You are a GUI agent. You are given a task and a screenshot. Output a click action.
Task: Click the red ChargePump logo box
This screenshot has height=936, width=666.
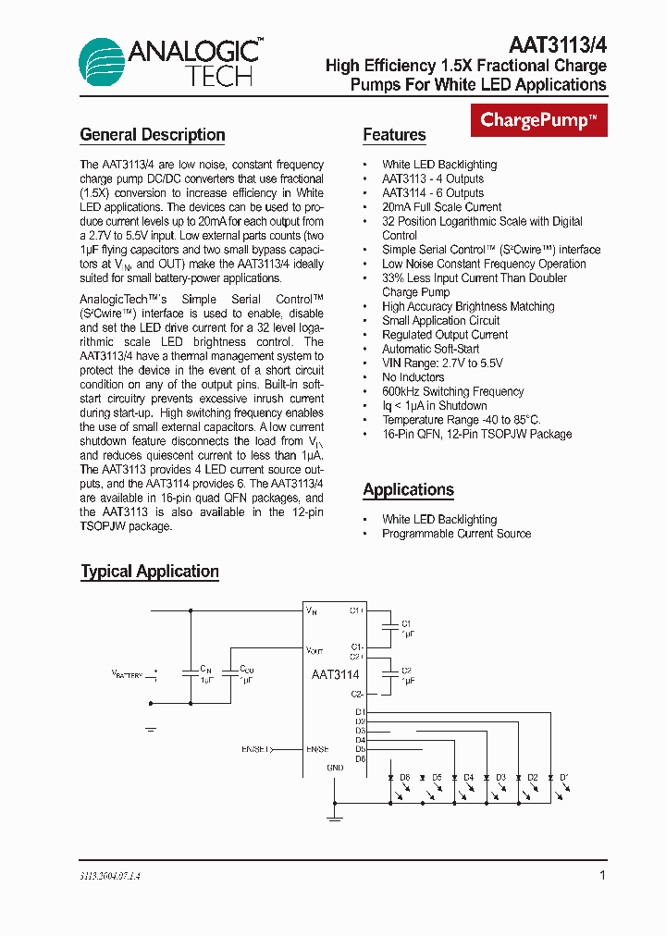coord(540,120)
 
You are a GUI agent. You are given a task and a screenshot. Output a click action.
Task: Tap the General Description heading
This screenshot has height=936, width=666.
coord(153,135)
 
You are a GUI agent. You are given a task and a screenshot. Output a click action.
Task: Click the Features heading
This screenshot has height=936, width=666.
coord(394,135)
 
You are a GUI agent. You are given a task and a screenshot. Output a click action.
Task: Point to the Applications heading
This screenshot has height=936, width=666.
coord(408,490)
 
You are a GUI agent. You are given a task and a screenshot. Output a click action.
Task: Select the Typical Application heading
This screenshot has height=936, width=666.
coord(150,572)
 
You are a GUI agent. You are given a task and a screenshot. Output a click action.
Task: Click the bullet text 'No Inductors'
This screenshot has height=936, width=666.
coord(415,377)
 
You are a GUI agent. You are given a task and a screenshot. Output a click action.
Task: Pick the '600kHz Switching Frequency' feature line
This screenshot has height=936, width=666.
coord(452,391)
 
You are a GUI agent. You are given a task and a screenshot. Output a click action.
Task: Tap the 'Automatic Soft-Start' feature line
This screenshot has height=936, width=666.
coord(430,349)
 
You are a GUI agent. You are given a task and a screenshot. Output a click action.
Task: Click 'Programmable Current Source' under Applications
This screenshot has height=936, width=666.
coord(456,534)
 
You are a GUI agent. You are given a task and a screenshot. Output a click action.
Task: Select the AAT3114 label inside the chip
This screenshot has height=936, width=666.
coord(335,674)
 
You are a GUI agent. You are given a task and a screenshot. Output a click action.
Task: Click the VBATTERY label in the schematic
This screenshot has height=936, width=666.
coord(128,675)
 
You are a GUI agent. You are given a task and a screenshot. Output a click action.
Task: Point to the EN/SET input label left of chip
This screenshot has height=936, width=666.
coord(254,749)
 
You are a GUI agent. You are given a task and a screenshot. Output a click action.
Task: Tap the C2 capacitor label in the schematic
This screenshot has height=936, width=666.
coord(406,670)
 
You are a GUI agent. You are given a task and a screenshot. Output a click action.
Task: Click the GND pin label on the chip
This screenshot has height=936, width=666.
coord(335,768)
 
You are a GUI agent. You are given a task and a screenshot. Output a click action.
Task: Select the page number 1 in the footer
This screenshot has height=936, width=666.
coord(602,875)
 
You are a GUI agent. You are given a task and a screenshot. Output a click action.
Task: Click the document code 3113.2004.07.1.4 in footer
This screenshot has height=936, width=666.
coord(110,875)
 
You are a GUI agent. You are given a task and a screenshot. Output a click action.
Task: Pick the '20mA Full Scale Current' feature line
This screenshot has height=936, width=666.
coord(441,207)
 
